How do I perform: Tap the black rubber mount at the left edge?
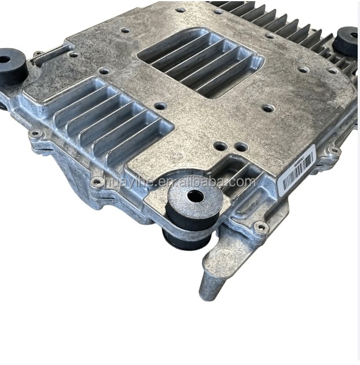point(12,67)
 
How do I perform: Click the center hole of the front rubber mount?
point(196,196)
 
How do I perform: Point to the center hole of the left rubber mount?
point(6,59)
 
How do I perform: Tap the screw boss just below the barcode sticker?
point(262,228)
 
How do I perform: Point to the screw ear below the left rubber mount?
point(35,134)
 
